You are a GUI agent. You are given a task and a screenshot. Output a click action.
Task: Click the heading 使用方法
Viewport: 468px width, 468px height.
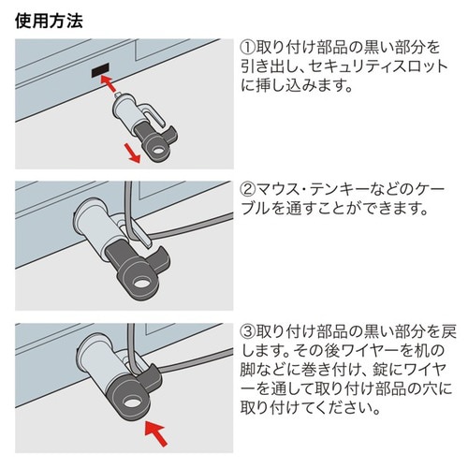(48, 20)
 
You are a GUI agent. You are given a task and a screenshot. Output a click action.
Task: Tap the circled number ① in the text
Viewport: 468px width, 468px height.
(249, 47)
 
